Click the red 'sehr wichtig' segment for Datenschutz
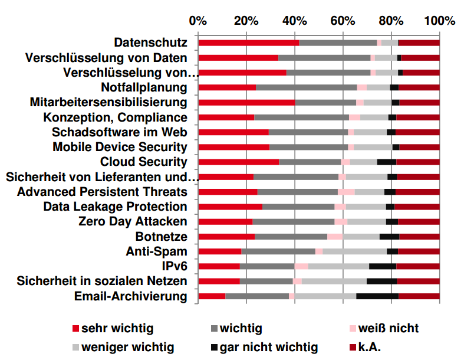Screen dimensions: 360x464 248,42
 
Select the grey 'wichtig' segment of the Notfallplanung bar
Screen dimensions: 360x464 306,87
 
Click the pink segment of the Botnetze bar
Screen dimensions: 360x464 335,237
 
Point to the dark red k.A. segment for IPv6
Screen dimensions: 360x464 418,266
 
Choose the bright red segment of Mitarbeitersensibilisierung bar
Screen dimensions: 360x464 246,102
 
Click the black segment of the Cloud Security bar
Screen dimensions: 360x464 386,162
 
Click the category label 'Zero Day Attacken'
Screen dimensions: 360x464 133,221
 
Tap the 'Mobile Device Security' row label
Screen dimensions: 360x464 120,147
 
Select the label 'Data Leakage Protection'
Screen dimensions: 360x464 115,207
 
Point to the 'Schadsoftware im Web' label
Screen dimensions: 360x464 120,132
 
